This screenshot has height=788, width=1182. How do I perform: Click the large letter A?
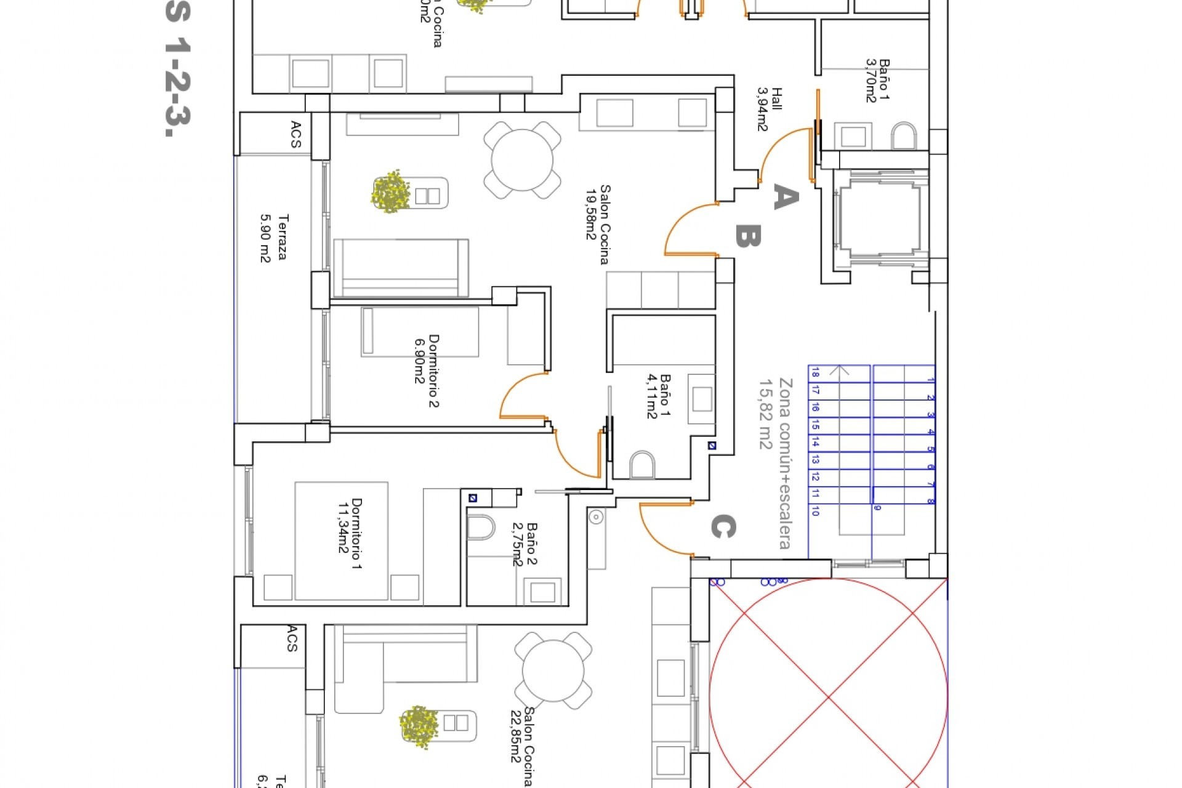coord(786,197)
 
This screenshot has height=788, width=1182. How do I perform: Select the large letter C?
coord(723,527)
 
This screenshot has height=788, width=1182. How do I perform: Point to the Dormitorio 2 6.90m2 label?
coord(427,371)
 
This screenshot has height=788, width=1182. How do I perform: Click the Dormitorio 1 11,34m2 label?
coord(349,533)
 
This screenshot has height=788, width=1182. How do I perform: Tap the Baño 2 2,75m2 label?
coord(525,544)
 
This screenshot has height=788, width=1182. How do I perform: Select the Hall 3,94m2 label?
coord(769,109)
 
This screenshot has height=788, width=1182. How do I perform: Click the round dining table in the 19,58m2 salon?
coord(522,160)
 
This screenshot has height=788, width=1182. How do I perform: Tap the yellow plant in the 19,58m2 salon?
coord(390,191)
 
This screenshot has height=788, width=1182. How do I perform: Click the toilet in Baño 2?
coord(481,528)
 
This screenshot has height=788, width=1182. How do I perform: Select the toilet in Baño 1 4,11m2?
coord(643,464)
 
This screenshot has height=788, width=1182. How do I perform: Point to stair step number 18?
coord(815,373)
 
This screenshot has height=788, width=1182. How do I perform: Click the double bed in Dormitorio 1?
coord(342,541)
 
